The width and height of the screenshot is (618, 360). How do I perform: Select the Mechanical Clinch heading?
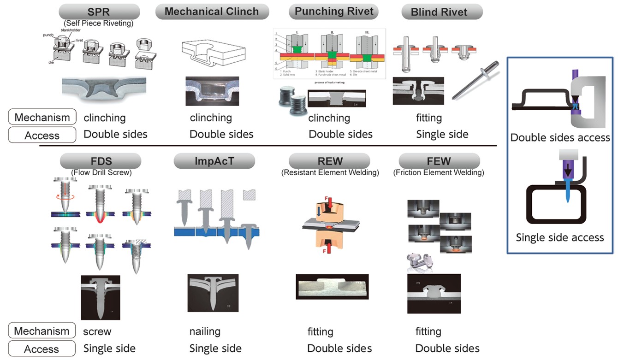pos(212,11)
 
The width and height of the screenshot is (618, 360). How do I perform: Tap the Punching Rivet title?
pos(334,11)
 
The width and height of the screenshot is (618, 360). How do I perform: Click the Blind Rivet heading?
pos(439,12)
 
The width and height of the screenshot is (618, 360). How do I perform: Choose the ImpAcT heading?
pos(214,161)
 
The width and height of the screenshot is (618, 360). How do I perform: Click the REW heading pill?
pos(330,161)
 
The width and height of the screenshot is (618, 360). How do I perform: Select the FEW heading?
pos(439,161)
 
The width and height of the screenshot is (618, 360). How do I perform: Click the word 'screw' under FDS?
pos(97,331)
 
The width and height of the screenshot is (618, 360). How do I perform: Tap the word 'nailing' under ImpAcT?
pos(205,331)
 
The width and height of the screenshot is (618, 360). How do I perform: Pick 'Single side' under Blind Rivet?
pos(442,134)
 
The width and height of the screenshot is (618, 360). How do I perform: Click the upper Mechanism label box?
pos(42,117)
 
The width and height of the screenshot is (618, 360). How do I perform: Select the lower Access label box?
pos(42,349)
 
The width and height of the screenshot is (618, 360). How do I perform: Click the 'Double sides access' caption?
pos(560,137)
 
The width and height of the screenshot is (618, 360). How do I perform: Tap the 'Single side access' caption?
pos(560,237)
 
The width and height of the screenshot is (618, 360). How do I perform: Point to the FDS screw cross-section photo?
pos(100,297)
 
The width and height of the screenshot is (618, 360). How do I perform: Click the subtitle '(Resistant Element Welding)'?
pos(330,173)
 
